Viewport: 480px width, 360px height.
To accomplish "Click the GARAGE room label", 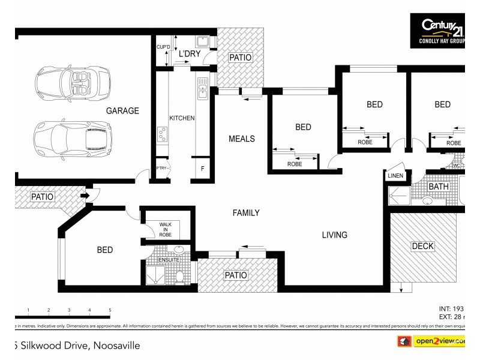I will (122, 110).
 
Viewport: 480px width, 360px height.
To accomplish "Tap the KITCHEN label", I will (182, 118).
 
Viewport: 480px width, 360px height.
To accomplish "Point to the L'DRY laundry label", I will (190, 54).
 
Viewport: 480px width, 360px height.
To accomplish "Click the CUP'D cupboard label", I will (163, 47).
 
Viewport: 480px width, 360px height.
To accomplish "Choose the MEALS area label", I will (242, 139).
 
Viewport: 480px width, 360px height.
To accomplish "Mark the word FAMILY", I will (246, 213).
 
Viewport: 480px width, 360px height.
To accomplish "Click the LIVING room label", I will (334, 235).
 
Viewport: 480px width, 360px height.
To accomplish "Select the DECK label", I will (422, 246).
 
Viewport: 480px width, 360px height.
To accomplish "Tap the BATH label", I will (438, 187).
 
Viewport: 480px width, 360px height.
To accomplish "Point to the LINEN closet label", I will (395, 176).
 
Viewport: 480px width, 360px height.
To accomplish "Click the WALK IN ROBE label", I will (166, 229).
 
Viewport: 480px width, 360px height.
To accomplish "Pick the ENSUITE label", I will (161, 259).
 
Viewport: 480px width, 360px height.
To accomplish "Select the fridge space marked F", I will (202, 169).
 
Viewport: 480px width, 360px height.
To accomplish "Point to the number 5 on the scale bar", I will (110, 310).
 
